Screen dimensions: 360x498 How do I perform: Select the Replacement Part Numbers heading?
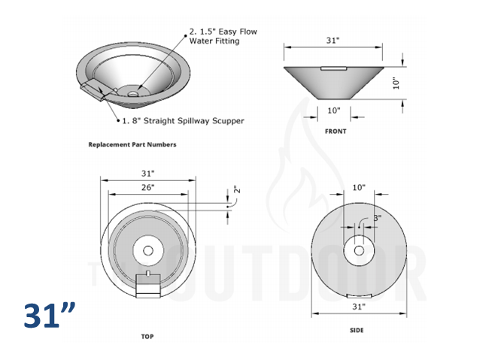pyautogui.click(x=132, y=144)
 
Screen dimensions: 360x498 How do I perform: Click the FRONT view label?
pyautogui.click(x=336, y=131)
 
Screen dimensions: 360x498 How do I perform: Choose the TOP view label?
pyautogui.click(x=147, y=336)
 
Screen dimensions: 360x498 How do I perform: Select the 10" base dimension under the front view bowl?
pyautogui.click(x=334, y=110)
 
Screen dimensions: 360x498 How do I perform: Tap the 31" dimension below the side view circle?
pyautogui.click(x=358, y=307)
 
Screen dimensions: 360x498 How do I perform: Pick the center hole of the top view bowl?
pyautogui.click(x=147, y=249)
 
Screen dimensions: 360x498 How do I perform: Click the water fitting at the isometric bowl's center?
pyautogui.click(x=133, y=94)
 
